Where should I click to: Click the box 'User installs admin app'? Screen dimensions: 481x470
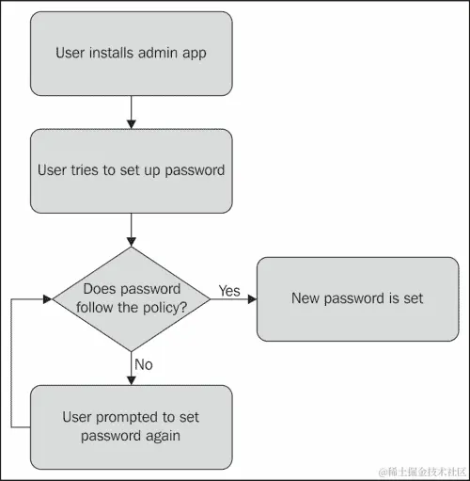131,53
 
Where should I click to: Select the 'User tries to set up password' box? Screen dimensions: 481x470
131,170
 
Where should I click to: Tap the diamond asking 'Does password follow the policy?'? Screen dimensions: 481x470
132,297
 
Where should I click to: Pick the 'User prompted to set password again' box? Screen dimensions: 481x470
131,425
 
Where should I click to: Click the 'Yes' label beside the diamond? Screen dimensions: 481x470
229,290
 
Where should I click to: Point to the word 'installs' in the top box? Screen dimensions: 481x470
116,53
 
